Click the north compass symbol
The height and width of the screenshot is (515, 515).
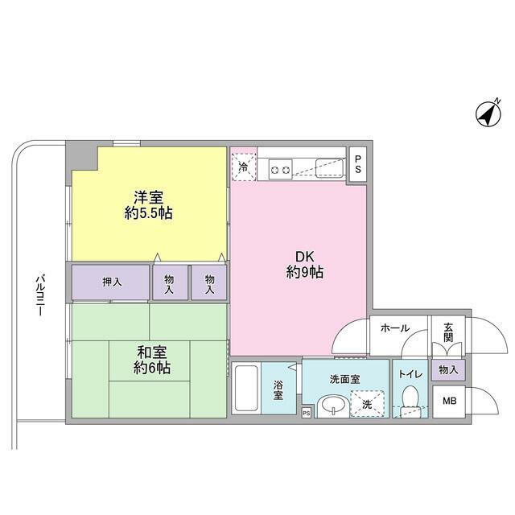click(487, 114)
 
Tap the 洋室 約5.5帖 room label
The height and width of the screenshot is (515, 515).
click(149, 204)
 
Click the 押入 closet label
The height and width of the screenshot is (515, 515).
click(112, 282)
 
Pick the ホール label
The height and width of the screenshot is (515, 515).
click(395, 328)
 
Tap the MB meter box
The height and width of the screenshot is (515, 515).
click(447, 400)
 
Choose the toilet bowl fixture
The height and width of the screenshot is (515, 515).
click(410, 398)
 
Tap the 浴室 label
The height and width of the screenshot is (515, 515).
click(277, 389)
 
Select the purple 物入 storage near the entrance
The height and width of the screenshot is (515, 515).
click(447, 369)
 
